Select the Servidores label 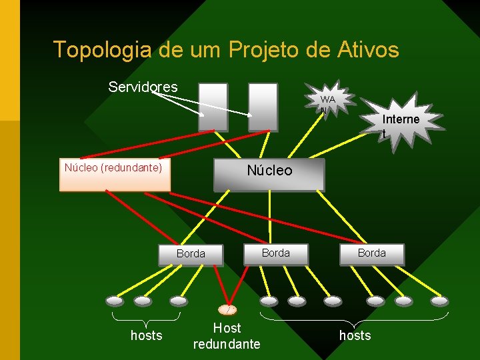(x=143, y=87)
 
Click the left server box (x=213, y=107)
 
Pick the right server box (x=263, y=107)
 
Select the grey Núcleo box (x=269, y=175)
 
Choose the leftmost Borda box (x=191, y=254)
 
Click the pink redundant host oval (x=228, y=309)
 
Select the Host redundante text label (x=227, y=336)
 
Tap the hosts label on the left (x=146, y=335)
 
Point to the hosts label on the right (x=355, y=335)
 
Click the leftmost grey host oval (x=115, y=301)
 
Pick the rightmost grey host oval (x=439, y=301)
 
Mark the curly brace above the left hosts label (x=146, y=317)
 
